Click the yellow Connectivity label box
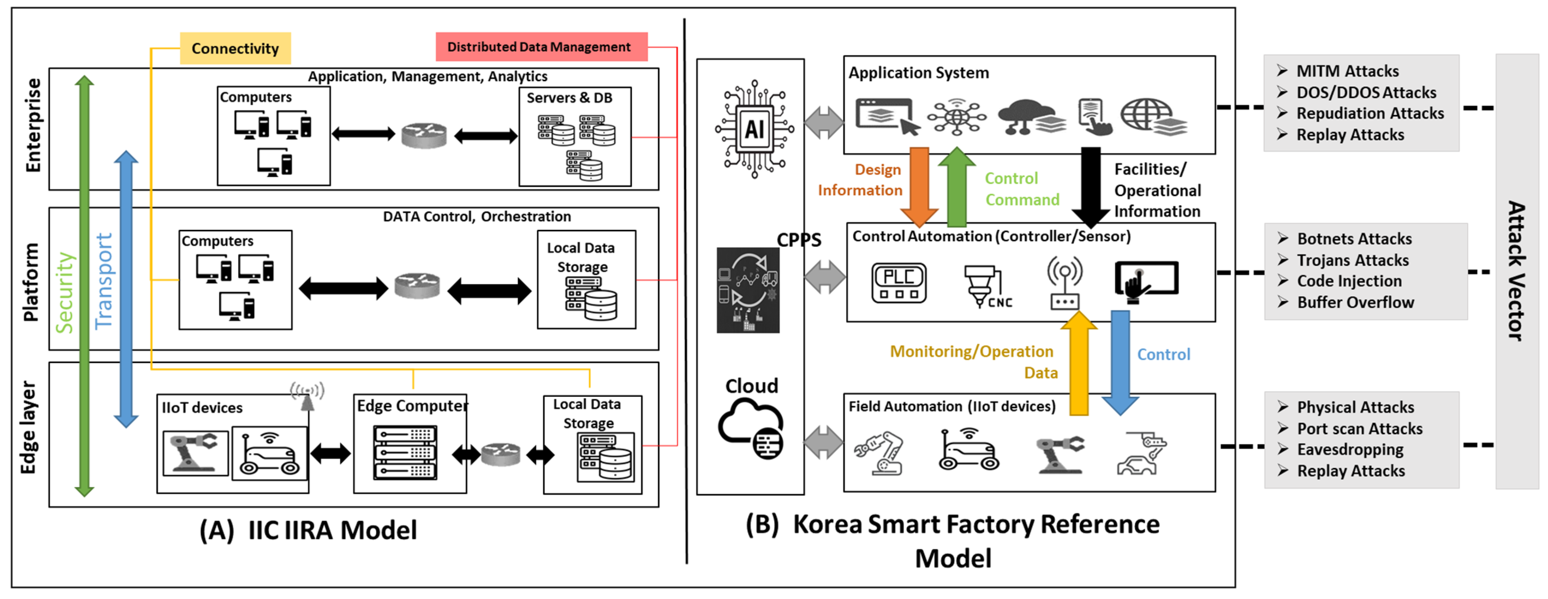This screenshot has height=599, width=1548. click(235, 48)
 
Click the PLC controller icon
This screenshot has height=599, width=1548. click(898, 282)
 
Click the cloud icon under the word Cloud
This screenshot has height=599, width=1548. click(751, 428)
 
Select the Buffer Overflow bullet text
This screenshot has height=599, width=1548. click(1355, 302)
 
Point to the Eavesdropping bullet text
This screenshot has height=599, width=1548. click(1350, 449)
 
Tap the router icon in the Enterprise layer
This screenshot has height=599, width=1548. click(424, 135)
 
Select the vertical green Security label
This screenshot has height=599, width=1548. click(64, 293)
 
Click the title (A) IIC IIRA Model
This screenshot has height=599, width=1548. click(308, 530)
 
